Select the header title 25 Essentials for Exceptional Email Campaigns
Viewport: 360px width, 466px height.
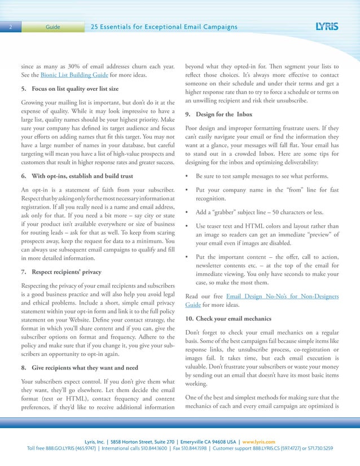tap(164, 27)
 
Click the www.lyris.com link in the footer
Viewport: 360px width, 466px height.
tap(257, 441)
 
